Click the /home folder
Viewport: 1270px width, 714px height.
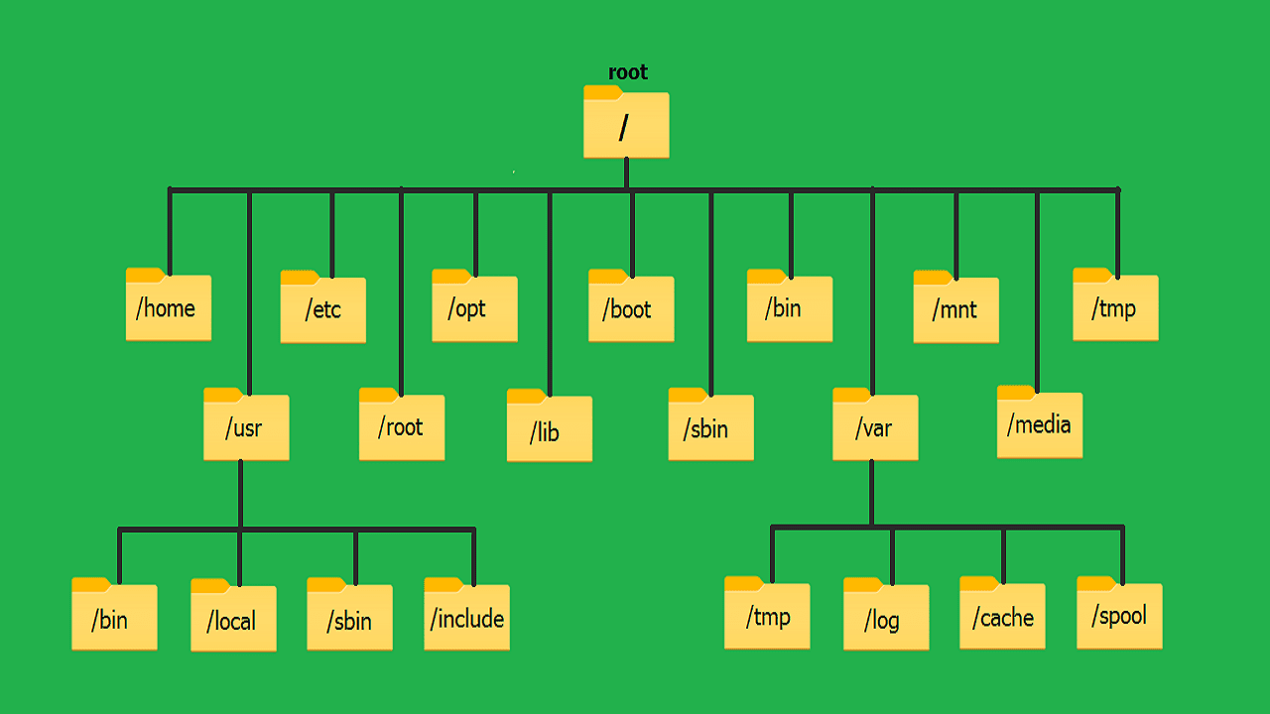(168, 305)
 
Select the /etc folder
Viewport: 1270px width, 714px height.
(322, 308)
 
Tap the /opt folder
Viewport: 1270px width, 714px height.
(474, 307)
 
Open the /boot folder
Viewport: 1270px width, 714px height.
(630, 307)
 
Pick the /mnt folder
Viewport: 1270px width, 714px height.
(955, 308)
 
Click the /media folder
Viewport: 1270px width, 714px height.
(1039, 423)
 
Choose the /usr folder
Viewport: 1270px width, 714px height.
(246, 426)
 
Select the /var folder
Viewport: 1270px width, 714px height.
(874, 426)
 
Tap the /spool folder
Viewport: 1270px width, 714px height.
(1119, 614)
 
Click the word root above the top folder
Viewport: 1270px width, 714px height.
(627, 72)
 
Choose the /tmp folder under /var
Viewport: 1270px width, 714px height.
(767, 615)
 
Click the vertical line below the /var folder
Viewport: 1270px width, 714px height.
(871, 493)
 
